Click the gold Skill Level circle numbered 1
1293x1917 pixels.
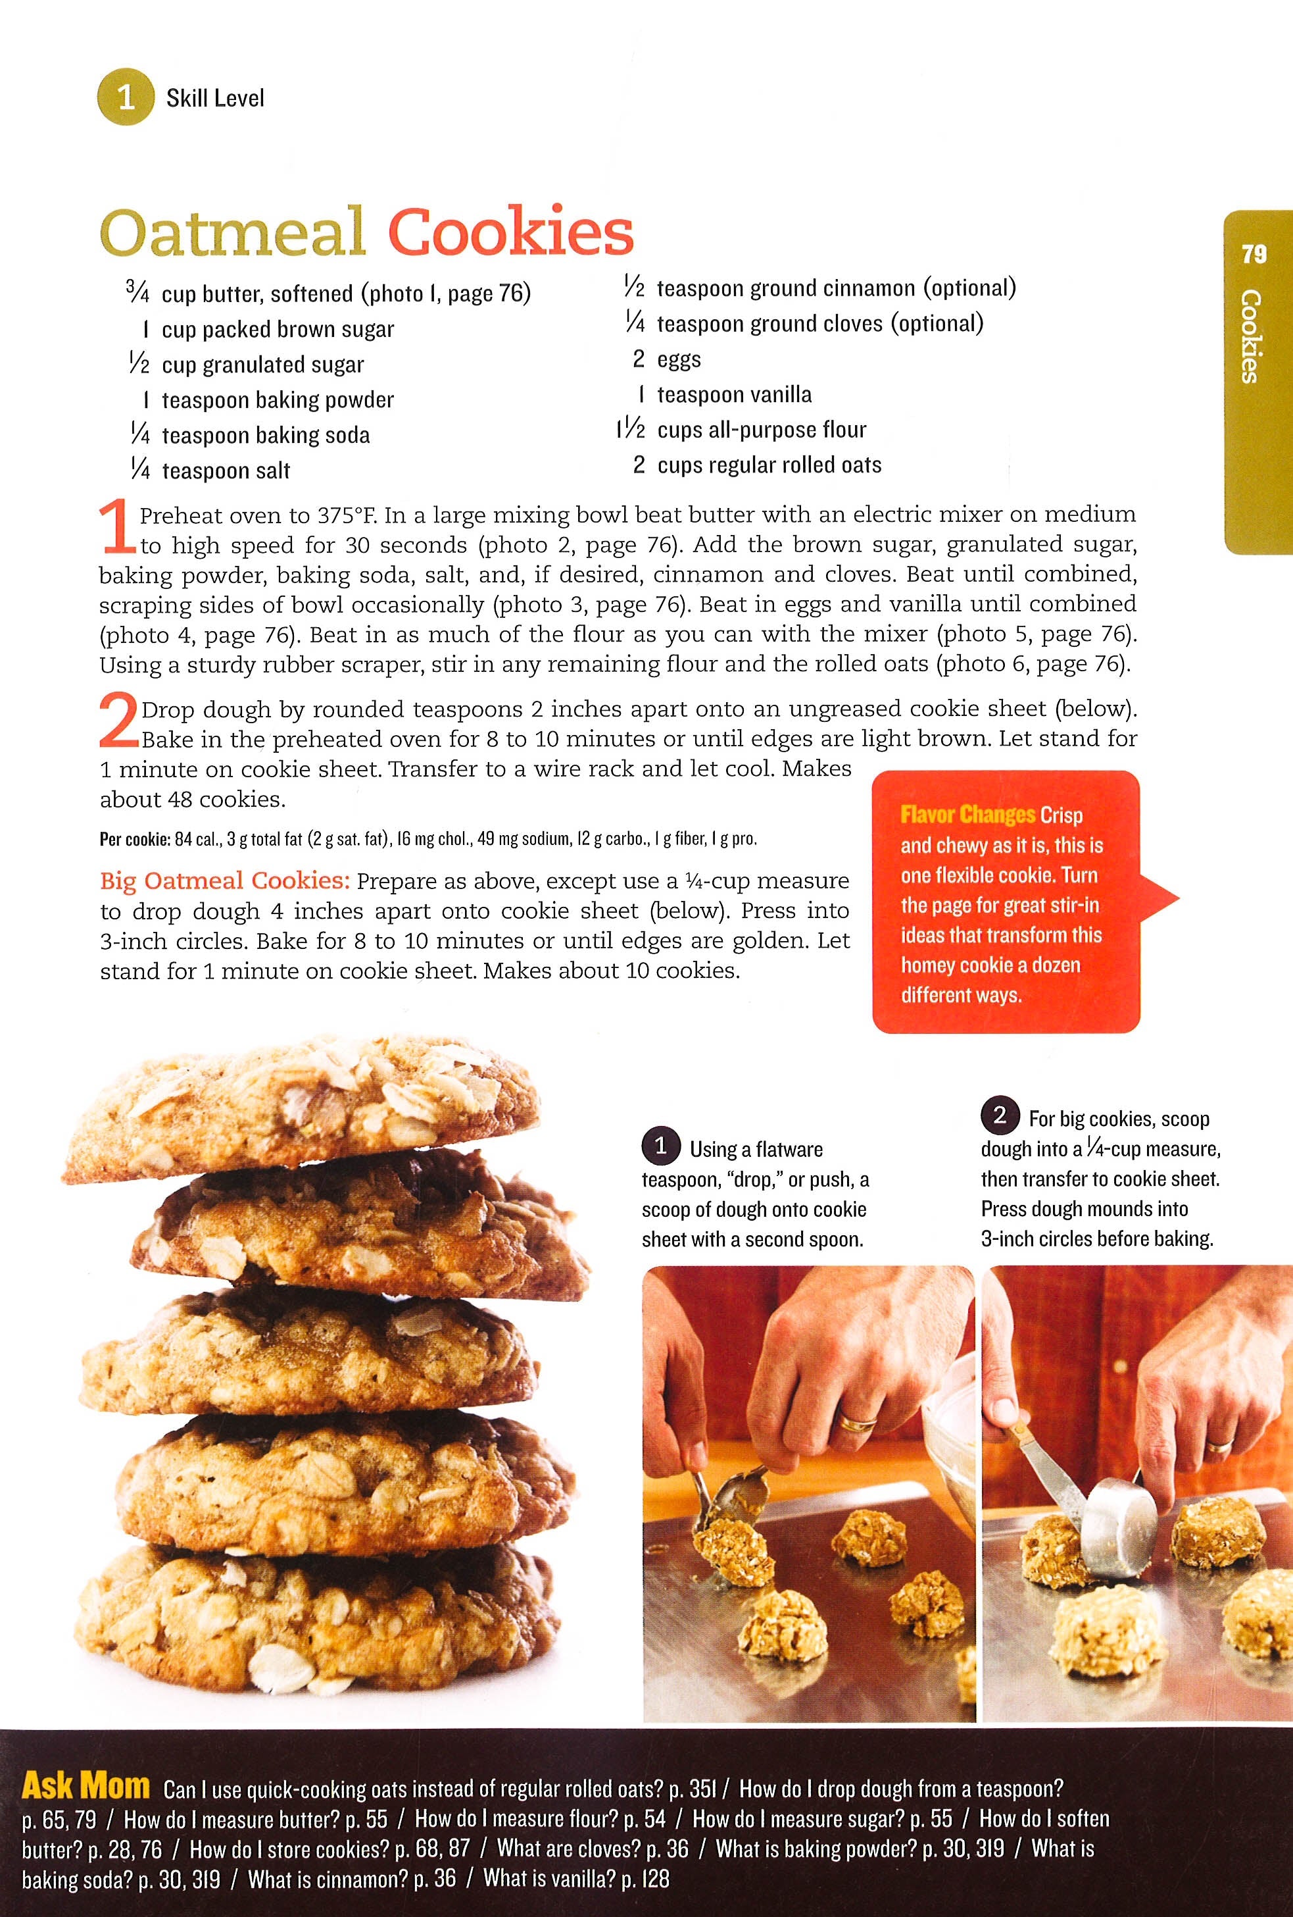coord(126,97)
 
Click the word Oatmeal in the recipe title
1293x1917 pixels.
coord(232,232)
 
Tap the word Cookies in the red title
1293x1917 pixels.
coord(510,231)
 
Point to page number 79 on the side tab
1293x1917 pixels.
coord(1254,253)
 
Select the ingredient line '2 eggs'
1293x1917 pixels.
coord(666,360)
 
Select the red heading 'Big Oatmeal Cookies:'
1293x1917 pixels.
coord(225,881)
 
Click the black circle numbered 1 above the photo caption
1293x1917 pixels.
coord(660,1148)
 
